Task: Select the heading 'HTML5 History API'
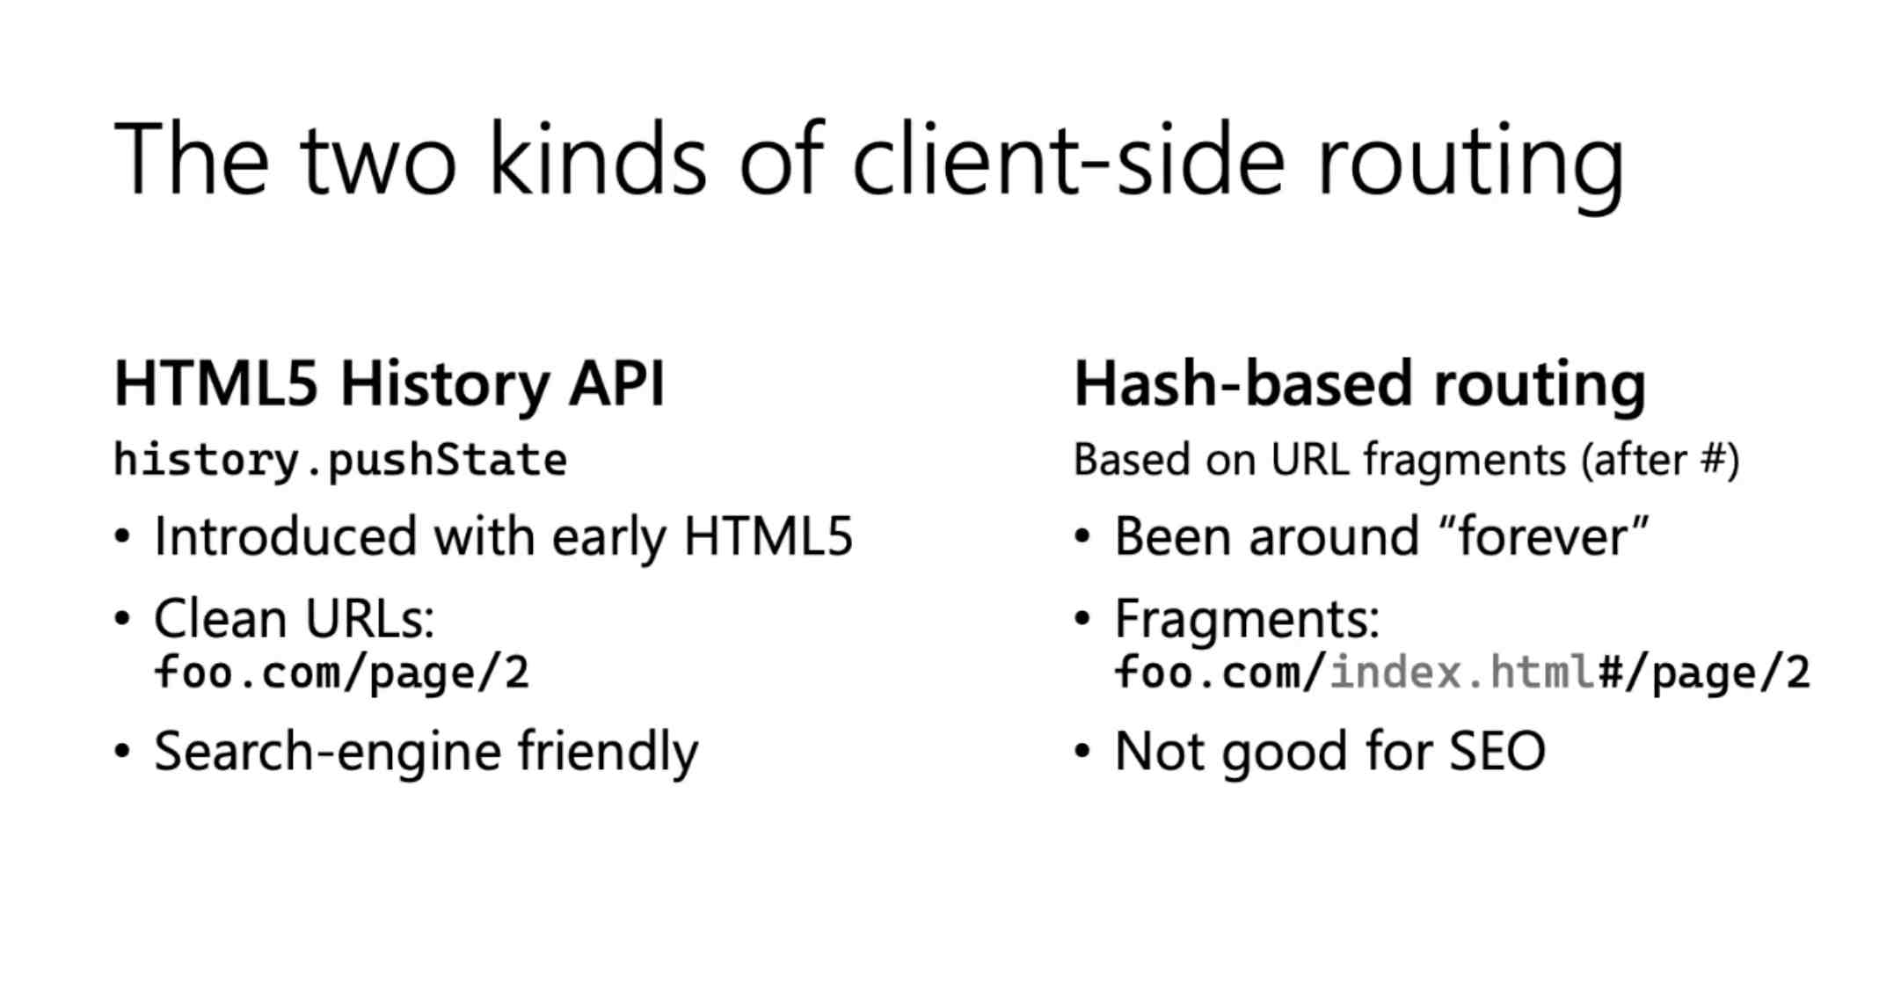[x=390, y=385]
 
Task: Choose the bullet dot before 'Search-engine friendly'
[x=122, y=753]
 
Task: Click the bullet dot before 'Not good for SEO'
[x=1082, y=753]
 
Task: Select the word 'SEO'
[x=1497, y=752]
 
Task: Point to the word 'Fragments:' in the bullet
[x=1247, y=619]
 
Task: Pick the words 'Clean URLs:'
[x=294, y=619]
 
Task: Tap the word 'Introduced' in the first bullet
[x=285, y=536]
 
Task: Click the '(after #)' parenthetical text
[x=1660, y=460]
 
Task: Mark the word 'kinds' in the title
[x=598, y=158]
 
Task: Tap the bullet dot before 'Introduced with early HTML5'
[x=122, y=537]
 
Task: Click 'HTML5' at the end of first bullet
[x=768, y=536]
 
